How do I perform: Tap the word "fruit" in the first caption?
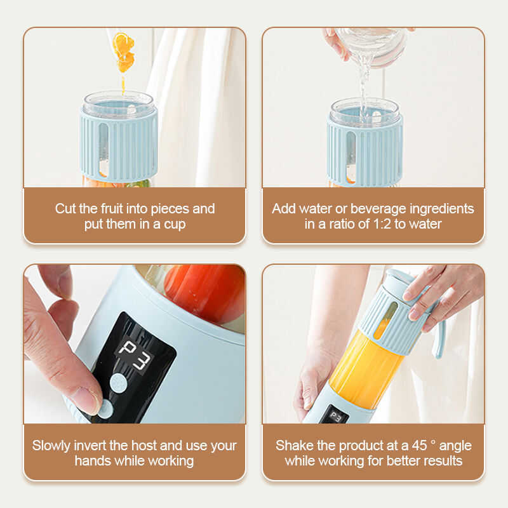112,208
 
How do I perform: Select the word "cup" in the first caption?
175,224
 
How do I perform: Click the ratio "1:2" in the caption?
382,224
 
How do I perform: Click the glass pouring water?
371,45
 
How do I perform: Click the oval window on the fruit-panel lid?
104,150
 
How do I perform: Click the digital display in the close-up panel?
135,356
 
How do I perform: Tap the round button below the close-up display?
118,384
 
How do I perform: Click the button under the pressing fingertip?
105,408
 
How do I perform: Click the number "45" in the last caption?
420,446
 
